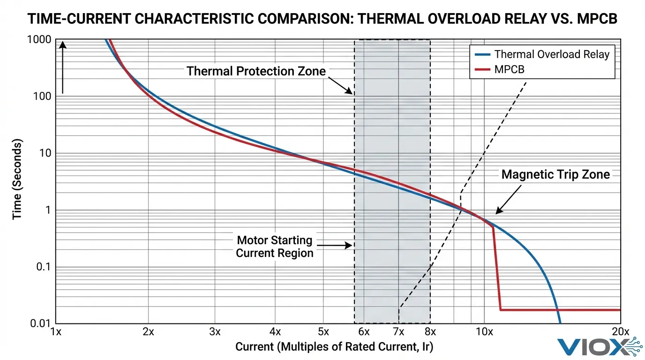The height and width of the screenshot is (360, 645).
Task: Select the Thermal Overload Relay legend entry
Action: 551,54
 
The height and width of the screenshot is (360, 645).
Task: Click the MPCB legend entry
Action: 509,69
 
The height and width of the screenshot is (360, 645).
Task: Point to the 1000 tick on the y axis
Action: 39,40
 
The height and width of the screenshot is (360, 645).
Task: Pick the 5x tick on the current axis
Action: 322,332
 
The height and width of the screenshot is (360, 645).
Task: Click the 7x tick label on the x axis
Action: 398,332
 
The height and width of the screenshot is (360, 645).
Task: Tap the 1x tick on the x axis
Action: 56,332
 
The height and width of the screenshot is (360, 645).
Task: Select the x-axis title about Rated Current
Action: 334,347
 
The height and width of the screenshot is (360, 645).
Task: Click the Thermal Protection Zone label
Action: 256,71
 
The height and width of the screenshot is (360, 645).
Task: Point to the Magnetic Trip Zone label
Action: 555,175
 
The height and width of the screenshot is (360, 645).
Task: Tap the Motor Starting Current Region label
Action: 274,247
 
